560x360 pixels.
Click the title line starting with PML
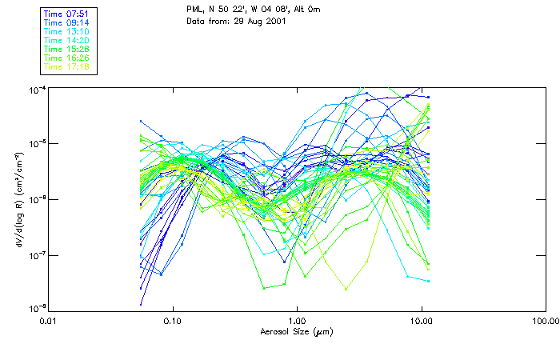(253, 9)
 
